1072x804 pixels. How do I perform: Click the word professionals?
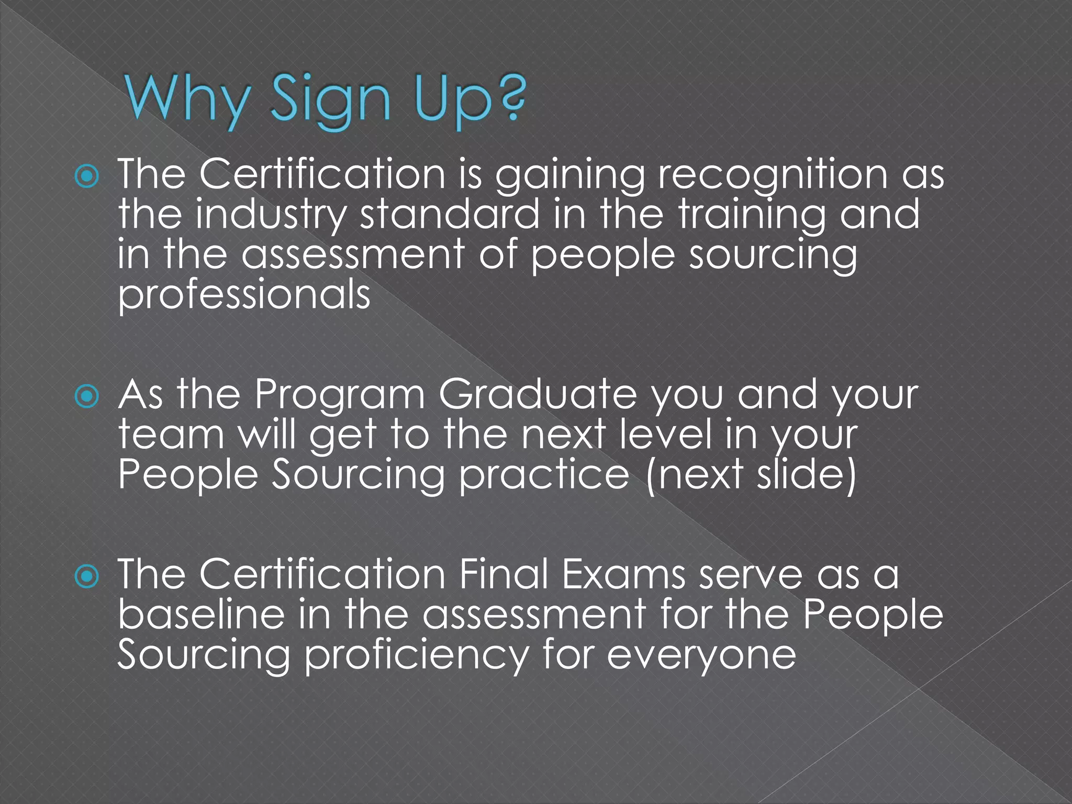[x=244, y=296]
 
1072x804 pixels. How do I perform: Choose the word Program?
[x=340, y=396]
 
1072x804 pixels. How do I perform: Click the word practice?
[x=544, y=475]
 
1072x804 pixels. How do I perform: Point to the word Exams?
[x=623, y=575]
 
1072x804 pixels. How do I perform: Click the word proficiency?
[x=417, y=656]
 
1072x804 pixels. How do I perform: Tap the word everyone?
[x=701, y=656]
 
